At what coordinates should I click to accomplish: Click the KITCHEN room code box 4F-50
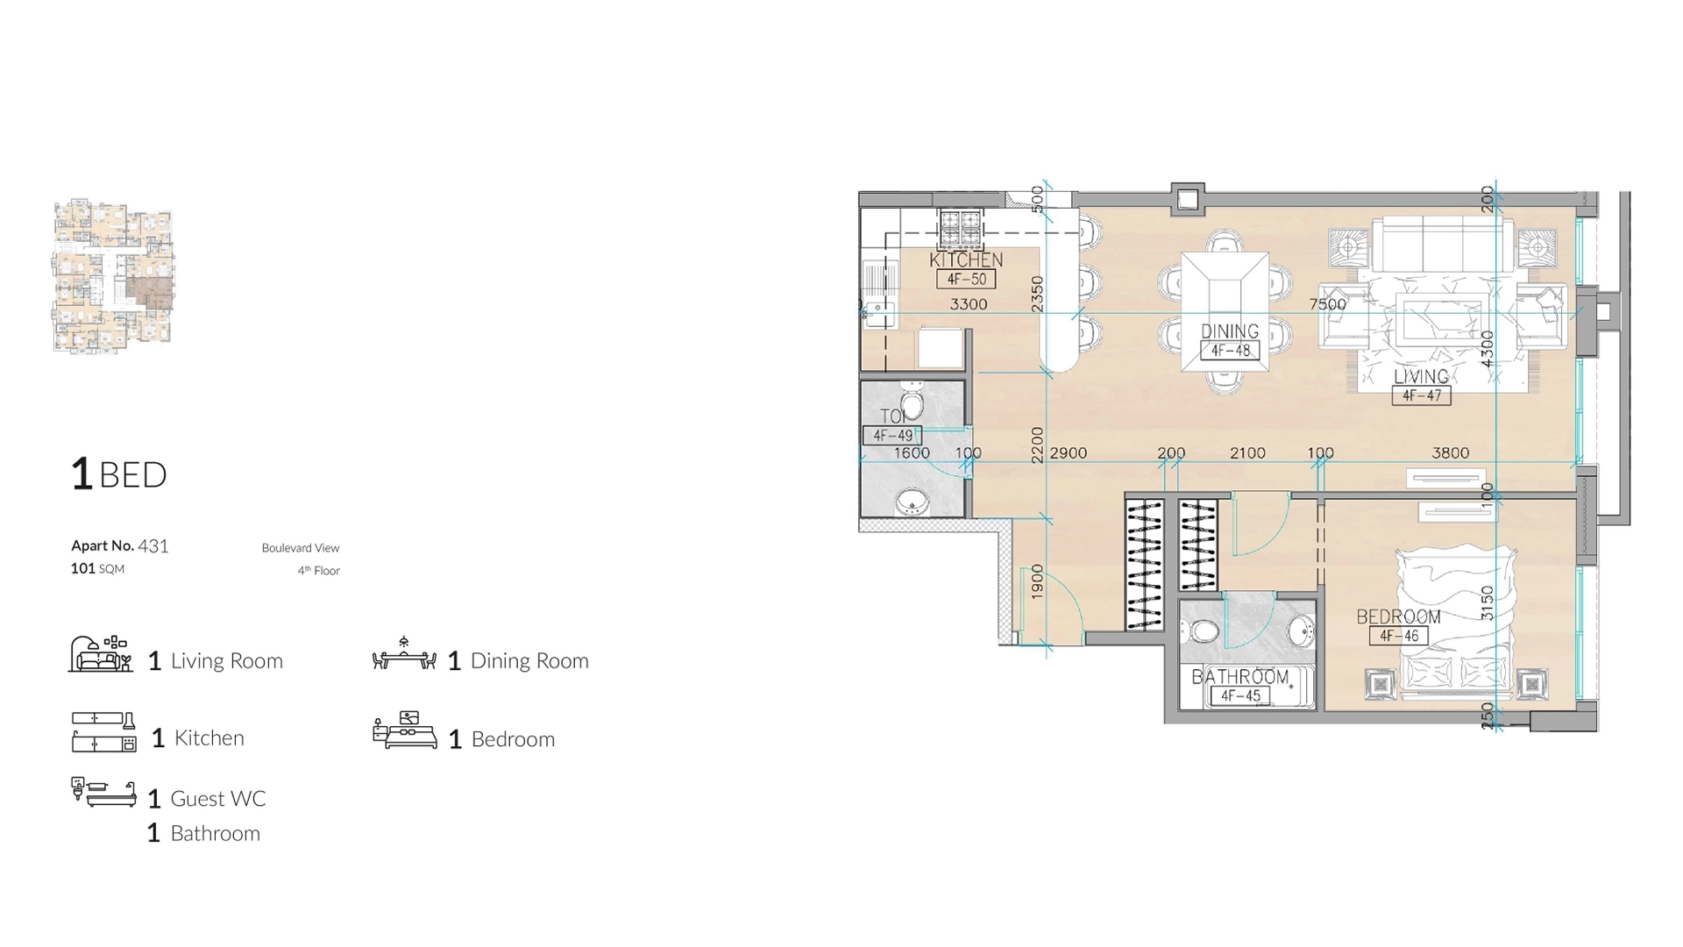coord(966,280)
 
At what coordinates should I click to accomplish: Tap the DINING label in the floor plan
coord(1230,331)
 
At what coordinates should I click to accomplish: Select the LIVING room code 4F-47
coord(1421,395)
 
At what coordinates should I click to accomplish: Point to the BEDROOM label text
coord(1398,616)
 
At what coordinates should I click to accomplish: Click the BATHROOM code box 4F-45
coord(1240,696)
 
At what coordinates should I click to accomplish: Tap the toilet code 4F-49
coord(892,435)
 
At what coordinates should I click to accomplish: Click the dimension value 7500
coord(1327,304)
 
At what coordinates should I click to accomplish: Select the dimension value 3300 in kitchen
coord(969,304)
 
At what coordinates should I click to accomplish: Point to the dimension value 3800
coord(1450,453)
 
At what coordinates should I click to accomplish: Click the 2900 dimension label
coord(1068,453)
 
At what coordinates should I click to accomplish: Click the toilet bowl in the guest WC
coord(912,403)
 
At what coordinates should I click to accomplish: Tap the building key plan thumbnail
coord(113,276)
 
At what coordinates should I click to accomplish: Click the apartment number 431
coord(153,546)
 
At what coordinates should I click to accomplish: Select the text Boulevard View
coord(300,548)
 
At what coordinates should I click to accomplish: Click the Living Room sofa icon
coord(100,655)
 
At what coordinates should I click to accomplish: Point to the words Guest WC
coord(217,799)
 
